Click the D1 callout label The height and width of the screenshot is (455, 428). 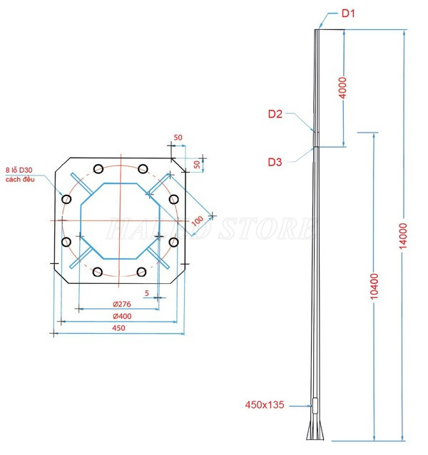[x=347, y=13]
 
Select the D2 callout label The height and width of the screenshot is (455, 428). [x=276, y=113]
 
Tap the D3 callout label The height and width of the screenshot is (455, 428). [x=275, y=162]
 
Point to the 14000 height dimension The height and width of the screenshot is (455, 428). [x=403, y=234]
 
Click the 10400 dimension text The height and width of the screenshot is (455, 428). [x=375, y=287]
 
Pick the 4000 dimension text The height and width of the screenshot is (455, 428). [x=342, y=88]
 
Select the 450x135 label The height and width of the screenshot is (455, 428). [x=264, y=404]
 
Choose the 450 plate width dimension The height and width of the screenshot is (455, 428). [x=118, y=328]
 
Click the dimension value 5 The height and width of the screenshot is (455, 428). [x=147, y=293]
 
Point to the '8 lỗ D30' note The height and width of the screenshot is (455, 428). [x=19, y=170]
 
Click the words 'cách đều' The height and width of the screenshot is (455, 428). [x=20, y=179]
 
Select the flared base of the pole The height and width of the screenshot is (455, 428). [x=315, y=431]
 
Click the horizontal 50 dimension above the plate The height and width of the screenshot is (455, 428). [x=178, y=137]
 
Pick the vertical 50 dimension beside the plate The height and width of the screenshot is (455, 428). [x=198, y=164]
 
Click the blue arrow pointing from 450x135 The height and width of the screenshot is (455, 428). [x=301, y=404]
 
